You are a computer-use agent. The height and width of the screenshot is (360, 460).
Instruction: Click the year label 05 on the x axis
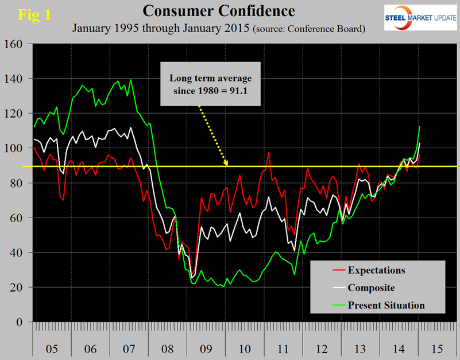(x=51, y=348)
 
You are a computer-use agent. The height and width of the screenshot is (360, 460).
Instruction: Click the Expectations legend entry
(x=377, y=270)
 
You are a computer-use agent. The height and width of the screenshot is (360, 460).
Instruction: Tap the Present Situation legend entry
(x=386, y=305)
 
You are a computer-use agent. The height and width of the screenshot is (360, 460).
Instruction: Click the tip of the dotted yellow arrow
(x=227, y=165)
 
